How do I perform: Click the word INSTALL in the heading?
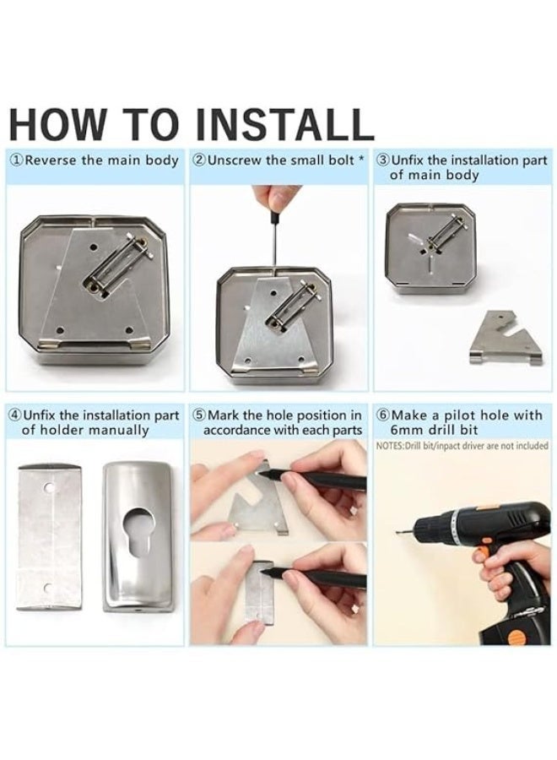[284, 125]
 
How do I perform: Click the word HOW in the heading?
[57, 125]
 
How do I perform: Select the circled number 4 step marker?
[16, 415]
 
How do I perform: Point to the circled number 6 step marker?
[383, 415]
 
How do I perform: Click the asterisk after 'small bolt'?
[361, 158]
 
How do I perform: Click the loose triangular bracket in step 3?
[506, 338]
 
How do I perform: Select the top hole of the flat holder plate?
[48, 486]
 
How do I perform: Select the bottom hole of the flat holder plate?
[48, 589]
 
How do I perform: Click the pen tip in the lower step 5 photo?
[263, 572]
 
